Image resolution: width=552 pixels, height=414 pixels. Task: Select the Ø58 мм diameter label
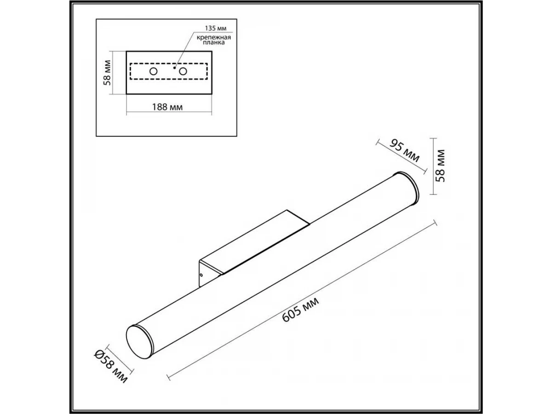(110, 367)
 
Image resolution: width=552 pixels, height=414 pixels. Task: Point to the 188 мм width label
(167, 107)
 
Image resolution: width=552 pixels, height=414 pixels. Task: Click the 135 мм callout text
(216, 28)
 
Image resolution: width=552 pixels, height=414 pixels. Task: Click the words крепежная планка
(214, 40)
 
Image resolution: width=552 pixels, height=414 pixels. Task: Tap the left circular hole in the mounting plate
(153, 71)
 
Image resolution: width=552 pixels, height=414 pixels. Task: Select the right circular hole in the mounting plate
(183, 71)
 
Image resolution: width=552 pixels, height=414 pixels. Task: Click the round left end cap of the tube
(139, 342)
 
